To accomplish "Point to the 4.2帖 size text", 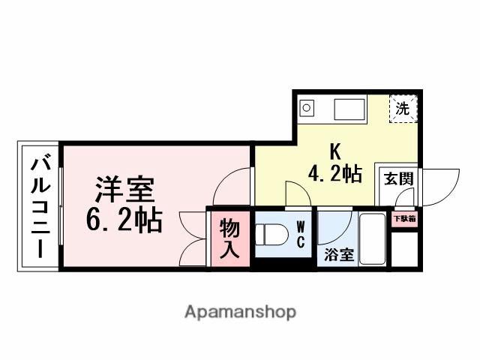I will [334, 174].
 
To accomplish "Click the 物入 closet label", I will [229, 238].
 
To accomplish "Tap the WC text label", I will [299, 233].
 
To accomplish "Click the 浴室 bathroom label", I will [338, 255].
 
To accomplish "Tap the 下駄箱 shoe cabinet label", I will [405, 220].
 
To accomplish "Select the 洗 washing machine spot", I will [403, 108].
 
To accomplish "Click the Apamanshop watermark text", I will [239, 311].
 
